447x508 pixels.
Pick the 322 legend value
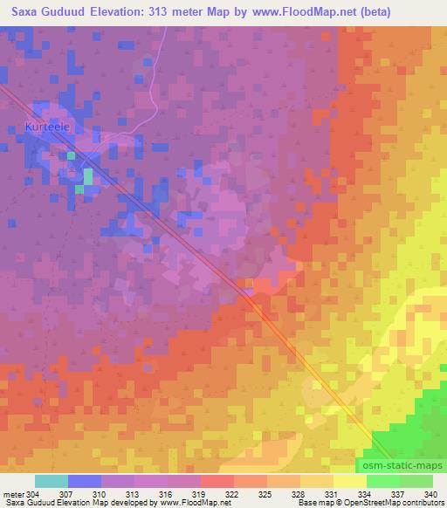point(233,494)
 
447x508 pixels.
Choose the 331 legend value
point(333,494)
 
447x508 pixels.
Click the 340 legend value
point(430,494)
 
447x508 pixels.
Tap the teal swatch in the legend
point(52,481)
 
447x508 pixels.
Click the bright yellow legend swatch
point(349,481)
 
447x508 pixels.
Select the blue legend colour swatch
point(85,481)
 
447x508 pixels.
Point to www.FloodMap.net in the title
point(296,12)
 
